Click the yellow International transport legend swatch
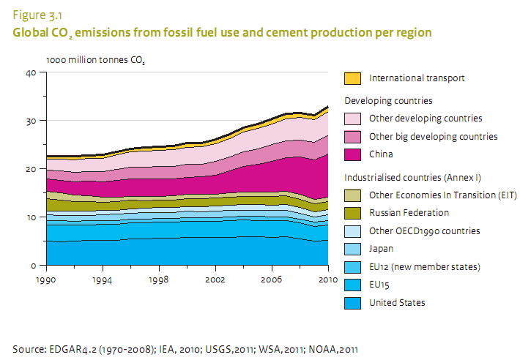(x=352, y=78)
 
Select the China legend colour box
(x=352, y=154)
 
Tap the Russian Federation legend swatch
(x=352, y=213)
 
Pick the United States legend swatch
(x=352, y=302)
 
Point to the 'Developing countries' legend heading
(x=388, y=100)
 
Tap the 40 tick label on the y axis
(x=30, y=72)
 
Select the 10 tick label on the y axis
(x=30, y=217)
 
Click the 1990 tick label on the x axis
(x=45, y=280)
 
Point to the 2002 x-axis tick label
(x=215, y=280)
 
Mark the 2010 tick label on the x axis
(x=327, y=280)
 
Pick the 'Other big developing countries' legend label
(x=434, y=137)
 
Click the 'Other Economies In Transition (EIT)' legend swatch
(x=352, y=195)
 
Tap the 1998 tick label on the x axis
(x=158, y=280)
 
